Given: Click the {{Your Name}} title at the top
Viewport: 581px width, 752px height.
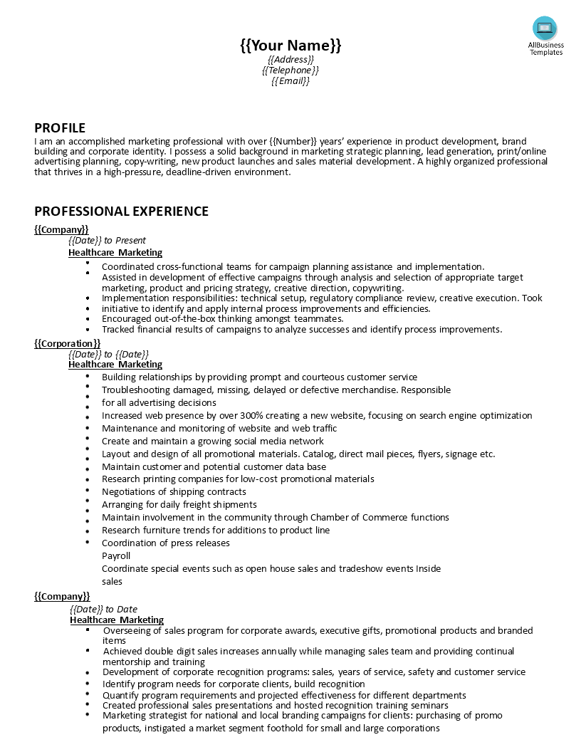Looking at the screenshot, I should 290,46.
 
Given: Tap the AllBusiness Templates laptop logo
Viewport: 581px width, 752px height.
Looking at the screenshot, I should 545,29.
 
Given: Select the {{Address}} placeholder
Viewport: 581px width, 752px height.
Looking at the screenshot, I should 290,60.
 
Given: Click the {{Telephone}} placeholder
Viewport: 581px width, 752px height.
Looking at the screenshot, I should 290,70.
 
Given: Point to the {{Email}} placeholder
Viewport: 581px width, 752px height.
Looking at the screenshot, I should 290,81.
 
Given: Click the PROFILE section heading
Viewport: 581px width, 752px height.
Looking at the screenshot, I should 60,128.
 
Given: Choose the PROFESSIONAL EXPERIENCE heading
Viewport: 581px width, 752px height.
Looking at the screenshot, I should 121,211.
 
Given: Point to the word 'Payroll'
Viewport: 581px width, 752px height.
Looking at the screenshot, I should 116,556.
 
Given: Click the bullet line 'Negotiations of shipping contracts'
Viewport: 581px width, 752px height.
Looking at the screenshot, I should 174,492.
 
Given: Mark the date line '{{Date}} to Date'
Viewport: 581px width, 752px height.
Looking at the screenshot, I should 104,610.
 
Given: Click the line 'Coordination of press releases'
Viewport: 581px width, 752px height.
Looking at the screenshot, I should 166,543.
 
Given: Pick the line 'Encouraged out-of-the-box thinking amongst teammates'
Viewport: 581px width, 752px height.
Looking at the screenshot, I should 222,319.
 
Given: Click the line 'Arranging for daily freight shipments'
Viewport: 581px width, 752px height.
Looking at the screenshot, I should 179,505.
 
